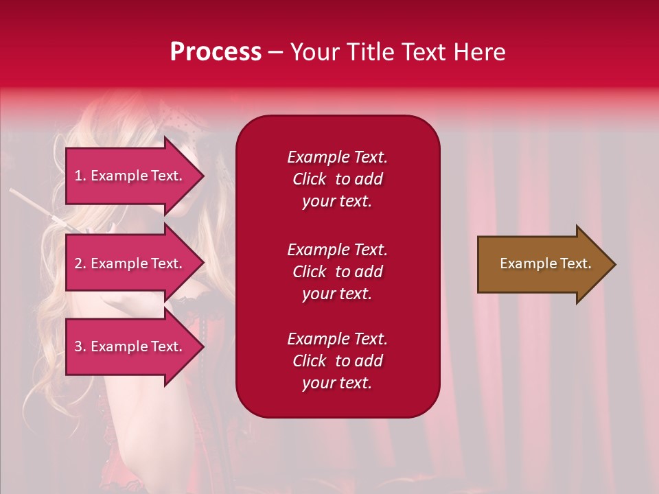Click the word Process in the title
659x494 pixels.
(216, 52)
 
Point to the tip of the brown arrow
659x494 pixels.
(614, 264)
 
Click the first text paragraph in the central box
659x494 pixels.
(337, 179)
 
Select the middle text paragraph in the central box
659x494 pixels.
(337, 272)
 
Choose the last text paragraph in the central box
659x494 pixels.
(337, 361)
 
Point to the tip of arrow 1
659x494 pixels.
(203, 176)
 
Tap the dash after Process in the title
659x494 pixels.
(275, 52)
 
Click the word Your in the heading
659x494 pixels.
(314, 52)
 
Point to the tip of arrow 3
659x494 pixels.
(203, 346)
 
